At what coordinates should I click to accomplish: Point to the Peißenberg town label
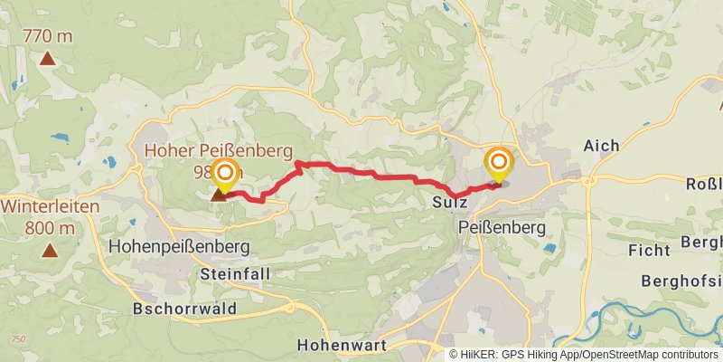pyautogui.click(x=502, y=228)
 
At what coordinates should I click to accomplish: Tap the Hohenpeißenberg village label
pyautogui.click(x=179, y=246)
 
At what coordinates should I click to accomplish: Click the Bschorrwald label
pyautogui.click(x=184, y=309)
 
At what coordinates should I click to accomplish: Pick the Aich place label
pyautogui.click(x=601, y=146)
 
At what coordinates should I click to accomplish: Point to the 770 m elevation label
pyautogui.click(x=48, y=37)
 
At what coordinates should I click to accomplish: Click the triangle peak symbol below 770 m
pyautogui.click(x=47, y=60)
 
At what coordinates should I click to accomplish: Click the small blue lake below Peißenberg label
pyautogui.click(x=550, y=248)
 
